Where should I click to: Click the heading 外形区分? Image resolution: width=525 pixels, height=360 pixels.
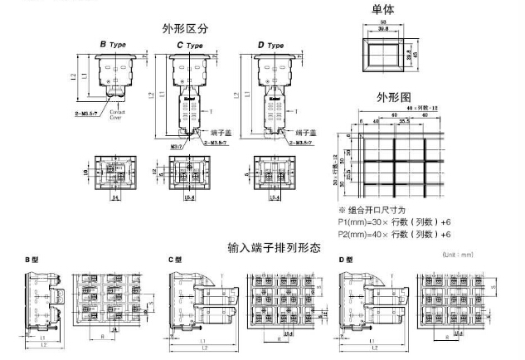(186, 28)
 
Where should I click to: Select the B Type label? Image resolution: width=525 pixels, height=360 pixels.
(114, 43)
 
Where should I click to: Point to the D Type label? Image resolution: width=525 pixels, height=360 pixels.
(270, 44)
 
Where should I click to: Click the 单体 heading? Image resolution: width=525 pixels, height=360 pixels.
(384, 9)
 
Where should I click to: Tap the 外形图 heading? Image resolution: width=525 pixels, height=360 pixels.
(394, 97)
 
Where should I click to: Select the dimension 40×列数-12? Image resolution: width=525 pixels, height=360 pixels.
(412, 109)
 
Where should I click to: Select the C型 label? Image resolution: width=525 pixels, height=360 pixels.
(175, 260)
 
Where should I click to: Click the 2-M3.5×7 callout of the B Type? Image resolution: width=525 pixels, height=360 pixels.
(88, 109)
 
